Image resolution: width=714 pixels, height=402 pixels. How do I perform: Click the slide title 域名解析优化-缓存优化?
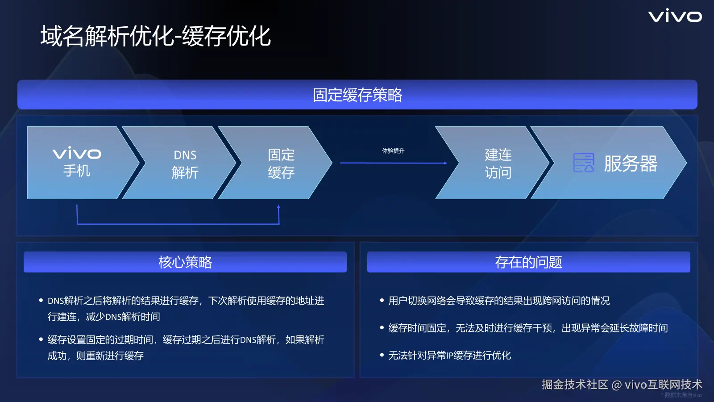tap(156, 36)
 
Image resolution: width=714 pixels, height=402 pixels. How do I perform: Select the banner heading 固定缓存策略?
tap(357, 95)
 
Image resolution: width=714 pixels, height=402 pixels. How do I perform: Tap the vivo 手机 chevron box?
tap(83, 163)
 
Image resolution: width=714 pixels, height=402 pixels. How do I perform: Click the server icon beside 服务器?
tap(583, 163)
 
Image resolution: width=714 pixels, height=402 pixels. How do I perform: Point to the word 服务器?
tap(631, 163)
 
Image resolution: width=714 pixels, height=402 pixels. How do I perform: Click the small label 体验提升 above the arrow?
tap(393, 151)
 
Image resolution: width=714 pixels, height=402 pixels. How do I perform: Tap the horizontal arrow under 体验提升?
tap(394, 163)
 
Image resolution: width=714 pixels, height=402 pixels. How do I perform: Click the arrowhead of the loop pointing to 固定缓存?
tap(278, 207)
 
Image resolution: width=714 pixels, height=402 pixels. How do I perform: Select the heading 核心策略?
tap(185, 262)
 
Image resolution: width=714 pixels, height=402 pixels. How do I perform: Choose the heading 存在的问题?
tap(528, 262)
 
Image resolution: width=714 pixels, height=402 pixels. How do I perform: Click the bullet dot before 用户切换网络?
tap(382, 300)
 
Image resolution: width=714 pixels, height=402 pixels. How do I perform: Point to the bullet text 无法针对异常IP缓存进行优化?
tap(449, 356)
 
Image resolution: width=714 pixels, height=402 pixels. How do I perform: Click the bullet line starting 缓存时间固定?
tap(528, 328)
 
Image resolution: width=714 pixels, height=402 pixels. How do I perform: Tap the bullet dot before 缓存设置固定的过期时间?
tap(41, 339)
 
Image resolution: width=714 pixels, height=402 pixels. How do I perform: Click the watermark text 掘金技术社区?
tap(575, 385)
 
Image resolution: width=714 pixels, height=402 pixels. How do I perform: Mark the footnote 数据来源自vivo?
tap(682, 395)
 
